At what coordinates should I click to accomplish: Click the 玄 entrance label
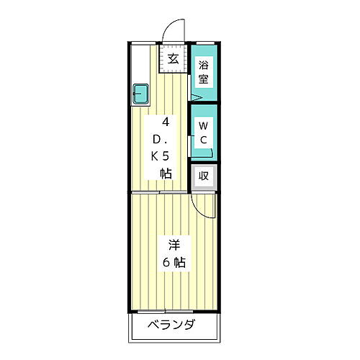point(174,59)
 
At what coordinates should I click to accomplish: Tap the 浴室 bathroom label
point(204,71)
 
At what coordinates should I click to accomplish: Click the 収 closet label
point(204,176)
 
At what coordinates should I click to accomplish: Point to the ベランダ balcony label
point(171,324)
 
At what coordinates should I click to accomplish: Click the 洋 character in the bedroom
point(174,243)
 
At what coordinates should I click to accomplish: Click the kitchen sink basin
point(140,92)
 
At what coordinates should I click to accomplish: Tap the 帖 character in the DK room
point(166,173)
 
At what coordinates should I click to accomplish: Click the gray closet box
point(204,176)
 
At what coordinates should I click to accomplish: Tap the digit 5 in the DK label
point(166,156)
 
